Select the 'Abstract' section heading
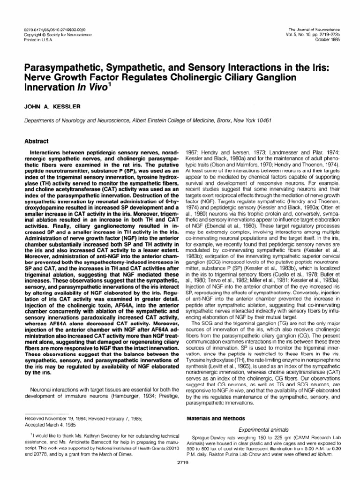30,140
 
